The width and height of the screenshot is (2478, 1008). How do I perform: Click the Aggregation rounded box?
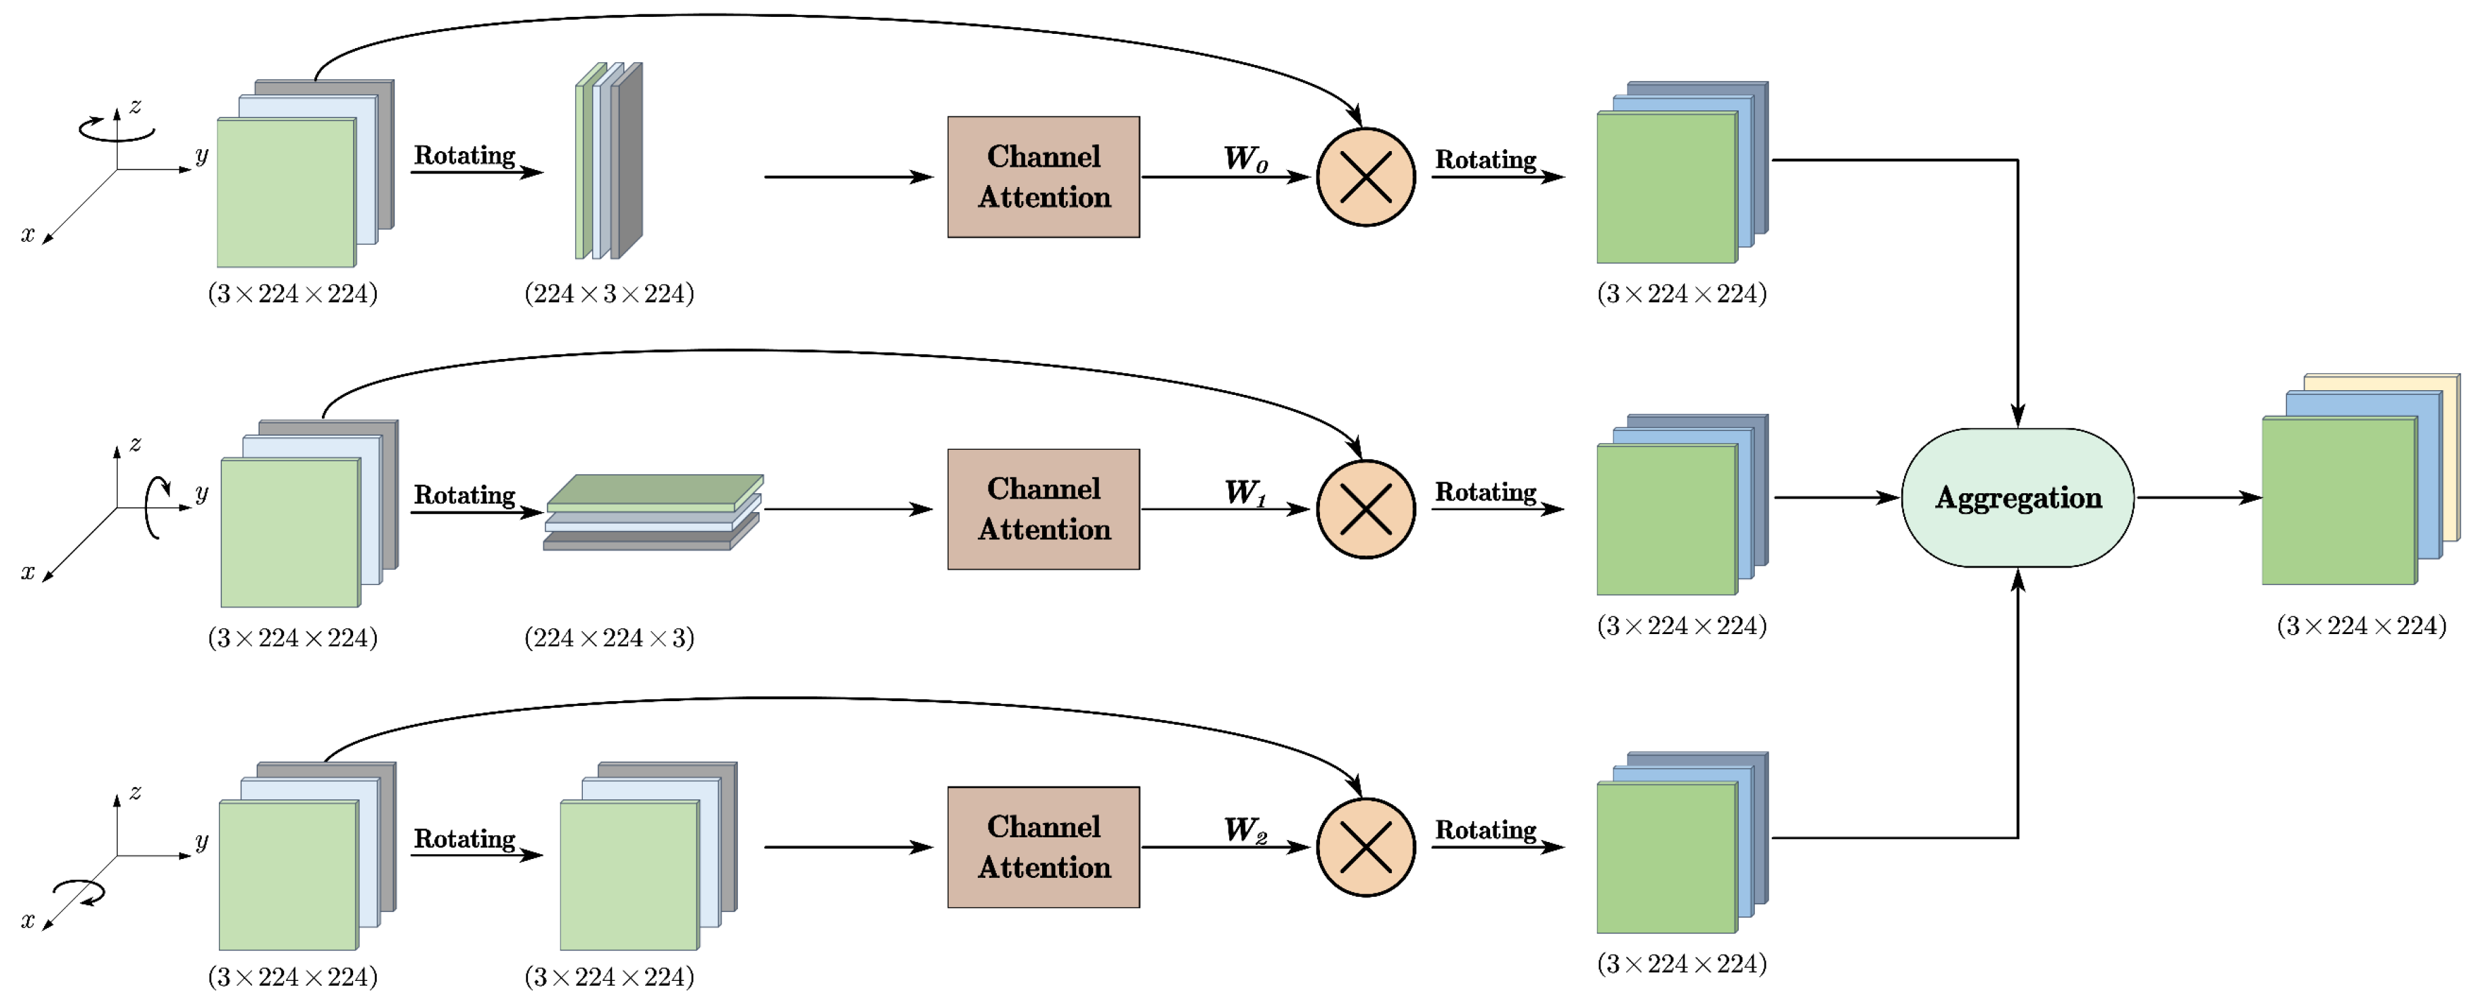2017,497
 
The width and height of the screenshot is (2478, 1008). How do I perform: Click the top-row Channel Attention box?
1043,177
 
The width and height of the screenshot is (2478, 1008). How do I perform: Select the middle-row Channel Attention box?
1043,509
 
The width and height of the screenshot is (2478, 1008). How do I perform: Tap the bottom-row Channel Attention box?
1043,846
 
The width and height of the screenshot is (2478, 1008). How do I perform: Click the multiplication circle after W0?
1365,177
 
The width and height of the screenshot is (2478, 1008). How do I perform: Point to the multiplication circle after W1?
1365,509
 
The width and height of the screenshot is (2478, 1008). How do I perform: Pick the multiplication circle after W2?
1365,846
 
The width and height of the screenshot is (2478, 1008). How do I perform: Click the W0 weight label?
1245,159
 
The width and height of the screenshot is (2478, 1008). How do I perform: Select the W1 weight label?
1245,492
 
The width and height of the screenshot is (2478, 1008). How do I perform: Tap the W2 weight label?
1245,829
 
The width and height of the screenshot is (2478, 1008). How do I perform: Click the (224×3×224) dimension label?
609,293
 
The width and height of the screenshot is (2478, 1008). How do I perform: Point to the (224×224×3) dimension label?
609,637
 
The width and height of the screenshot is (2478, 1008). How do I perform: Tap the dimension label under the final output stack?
2361,626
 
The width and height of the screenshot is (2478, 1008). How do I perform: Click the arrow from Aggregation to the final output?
2198,497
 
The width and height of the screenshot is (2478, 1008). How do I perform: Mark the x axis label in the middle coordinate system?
28,572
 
